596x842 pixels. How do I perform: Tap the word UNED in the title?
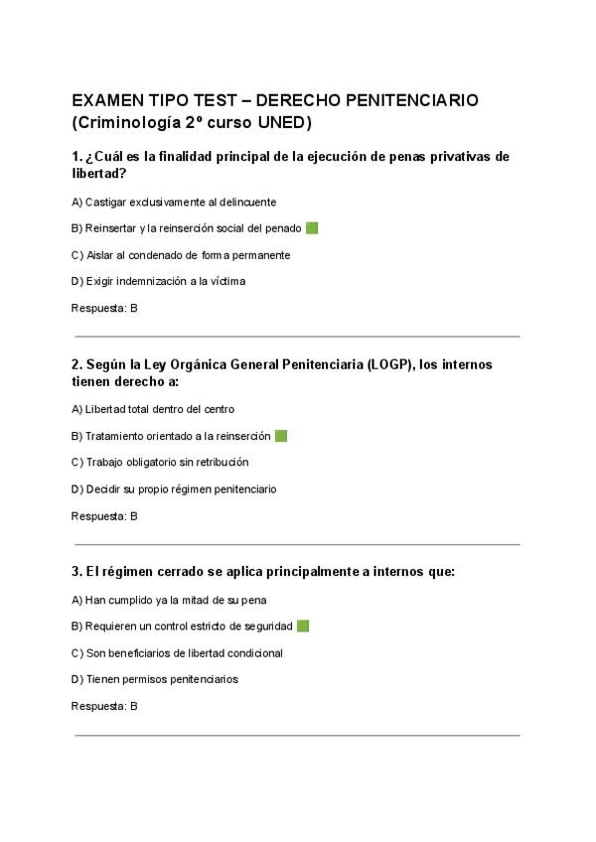click(287, 123)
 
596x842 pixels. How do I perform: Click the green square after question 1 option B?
click(312, 228)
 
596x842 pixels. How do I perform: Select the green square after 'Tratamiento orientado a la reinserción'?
click(281, 436)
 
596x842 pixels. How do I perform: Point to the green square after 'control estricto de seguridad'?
click(303, 626)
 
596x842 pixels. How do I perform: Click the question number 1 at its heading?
click(76, 157)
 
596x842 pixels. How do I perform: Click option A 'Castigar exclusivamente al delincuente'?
click(174, 202)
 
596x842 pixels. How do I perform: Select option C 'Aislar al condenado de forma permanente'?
click(181, 255)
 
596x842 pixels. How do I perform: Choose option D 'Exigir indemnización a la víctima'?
click(159, 281)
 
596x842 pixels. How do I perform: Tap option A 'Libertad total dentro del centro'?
click(153, 409)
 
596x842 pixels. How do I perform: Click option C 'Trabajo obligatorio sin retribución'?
click(160, 462)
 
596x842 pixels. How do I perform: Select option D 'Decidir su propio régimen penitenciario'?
click(174, 489)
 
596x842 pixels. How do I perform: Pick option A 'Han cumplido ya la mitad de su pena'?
click(169, 600)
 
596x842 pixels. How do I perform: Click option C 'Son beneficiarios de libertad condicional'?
click(177, 653)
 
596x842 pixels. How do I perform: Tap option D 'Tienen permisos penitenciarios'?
click(155, 679)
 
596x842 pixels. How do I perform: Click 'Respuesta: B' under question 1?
click(104, 308)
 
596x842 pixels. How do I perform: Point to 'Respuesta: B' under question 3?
click(104, 706)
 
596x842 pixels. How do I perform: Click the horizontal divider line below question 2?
click(297, 544)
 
